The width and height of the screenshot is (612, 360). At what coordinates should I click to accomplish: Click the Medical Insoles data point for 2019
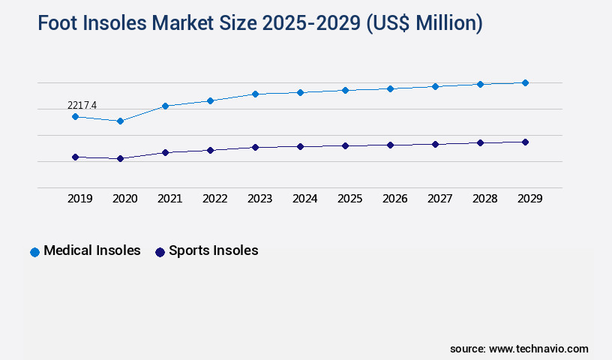click(x=75, y=116)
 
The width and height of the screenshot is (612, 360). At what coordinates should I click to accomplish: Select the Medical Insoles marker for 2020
click(x=120, y=121)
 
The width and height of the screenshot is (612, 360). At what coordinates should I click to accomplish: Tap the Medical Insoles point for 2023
click(x=255, y=94)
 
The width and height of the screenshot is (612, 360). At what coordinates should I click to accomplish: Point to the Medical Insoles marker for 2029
click(x=525, y=82)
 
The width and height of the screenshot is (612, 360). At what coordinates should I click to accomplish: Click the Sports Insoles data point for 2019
click(x=75, y=157)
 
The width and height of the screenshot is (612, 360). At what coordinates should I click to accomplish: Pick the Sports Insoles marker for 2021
click(x=165, y=152)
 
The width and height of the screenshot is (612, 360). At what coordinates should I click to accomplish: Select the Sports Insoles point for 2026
click(x=390, y=145)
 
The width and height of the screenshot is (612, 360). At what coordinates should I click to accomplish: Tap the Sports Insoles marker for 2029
click(x=525, y=142)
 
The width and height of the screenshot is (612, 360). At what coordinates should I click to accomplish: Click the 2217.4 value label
click(x=82, y=105)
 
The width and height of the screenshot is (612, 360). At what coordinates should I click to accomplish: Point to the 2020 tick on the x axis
click(x=124, y=199)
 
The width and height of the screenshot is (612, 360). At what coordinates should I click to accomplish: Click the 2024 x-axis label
click(x=304, y=199)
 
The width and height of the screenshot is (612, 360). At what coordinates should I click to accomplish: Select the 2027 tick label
click(x=439, y=199)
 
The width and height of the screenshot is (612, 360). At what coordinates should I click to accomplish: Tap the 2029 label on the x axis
click(x=529, y=199)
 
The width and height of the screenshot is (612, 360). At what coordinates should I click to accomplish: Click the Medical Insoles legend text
click(x=92, y=250)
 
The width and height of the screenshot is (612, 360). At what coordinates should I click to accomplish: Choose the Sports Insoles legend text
click(x=213, y=250)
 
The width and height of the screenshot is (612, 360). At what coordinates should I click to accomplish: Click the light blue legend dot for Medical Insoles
click(x=34, y=252)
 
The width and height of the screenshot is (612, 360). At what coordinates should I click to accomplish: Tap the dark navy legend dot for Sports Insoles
click(x=160, y=252)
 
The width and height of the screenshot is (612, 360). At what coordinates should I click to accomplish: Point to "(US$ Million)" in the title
click(x=424, y=24)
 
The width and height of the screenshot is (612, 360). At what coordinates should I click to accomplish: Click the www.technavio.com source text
click(x=538, y=349)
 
